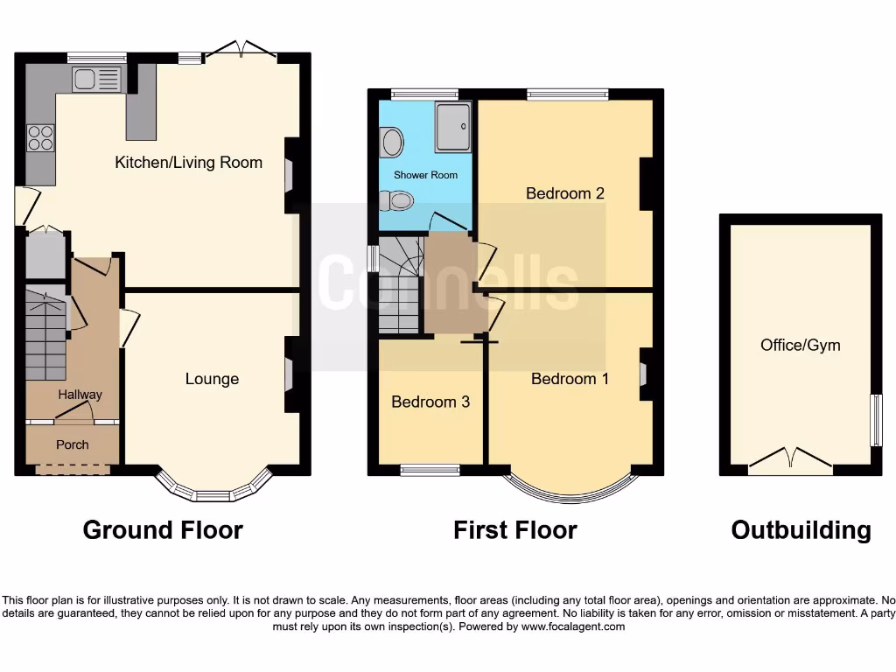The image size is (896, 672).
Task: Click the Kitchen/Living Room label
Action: (x=189, y=162)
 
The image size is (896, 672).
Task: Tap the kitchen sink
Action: (x=96, y=80)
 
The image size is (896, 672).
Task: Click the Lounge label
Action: (x=212, y=379)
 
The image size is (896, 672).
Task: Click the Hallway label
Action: (x=80, y=395)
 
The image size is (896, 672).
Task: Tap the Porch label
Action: (x=73, y=444)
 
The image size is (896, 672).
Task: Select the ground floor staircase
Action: (x=46, y=336)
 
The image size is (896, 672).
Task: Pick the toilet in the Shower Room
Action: (x=400, y=201)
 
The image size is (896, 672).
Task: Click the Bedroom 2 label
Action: (x=565, y=193)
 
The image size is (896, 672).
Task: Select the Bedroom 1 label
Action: (x=570, y=379)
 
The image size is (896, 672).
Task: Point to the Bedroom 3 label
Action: (x=430, y=402)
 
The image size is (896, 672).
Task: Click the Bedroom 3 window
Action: (x=430, y=470)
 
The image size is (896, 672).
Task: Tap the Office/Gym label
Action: (x=800, y=345)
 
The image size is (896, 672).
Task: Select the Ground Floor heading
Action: (x=163, y=529)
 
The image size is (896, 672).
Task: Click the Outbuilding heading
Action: (x=801, y=529)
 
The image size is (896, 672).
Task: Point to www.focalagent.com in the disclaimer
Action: (x=574, y=626)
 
